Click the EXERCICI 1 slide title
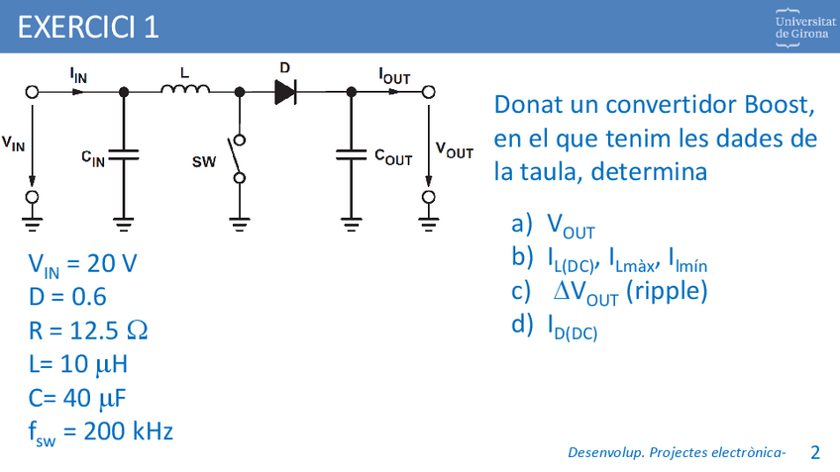coord(88,27)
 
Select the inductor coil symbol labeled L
coord(185,91)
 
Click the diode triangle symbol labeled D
coord(285,92)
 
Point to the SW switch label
coord(203,161)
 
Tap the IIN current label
coord(77,74)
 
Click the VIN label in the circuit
coord(14,144)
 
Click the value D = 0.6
coord(67,297)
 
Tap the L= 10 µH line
coord(78,364)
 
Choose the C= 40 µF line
coord(78,398)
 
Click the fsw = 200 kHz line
coord(101,432)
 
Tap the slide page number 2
coord(815,452)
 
